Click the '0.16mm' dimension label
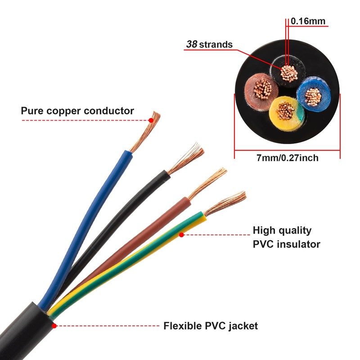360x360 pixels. point(308,21)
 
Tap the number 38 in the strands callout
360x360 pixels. point(191,44)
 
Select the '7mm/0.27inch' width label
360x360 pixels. point(287,157)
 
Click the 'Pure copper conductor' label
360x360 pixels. point(77,111)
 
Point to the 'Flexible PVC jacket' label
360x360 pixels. point(211,326)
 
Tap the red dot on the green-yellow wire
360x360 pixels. point(181,234)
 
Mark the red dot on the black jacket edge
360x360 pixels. point(54,325)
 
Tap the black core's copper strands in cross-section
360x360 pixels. point(288,73)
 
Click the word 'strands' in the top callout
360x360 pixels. point(216,44)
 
